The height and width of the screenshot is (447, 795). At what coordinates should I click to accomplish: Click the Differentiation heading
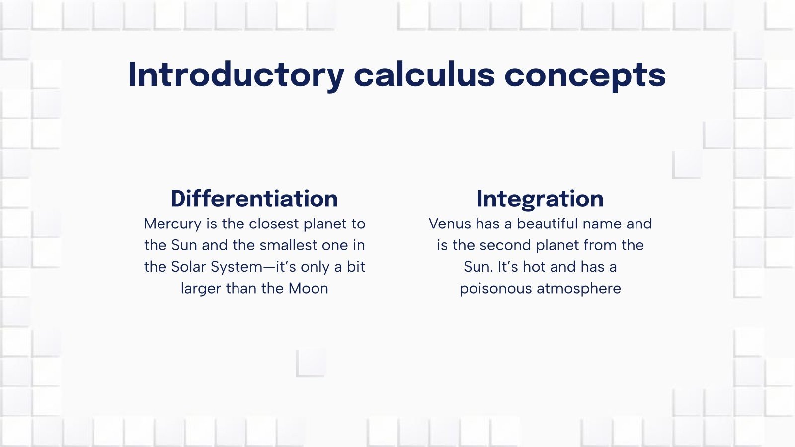[254, 199]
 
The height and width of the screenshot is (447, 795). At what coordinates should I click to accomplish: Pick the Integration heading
[540, 199]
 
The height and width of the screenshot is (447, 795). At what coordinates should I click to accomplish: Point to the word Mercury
[172, 224]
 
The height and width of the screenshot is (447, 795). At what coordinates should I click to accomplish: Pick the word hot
[534, 267]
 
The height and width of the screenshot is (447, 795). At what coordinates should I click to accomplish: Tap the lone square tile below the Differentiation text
[311, 363]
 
